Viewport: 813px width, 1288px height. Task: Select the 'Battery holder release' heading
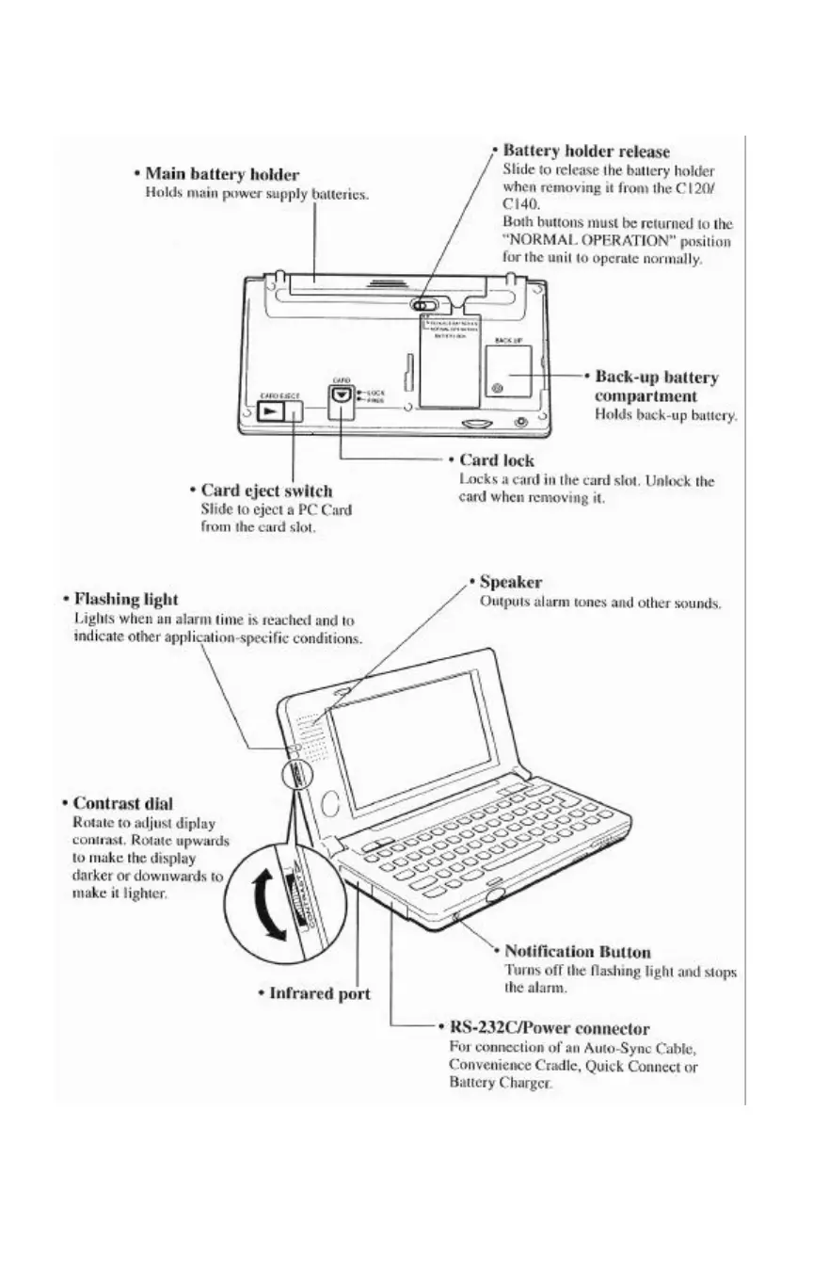pyautogui.click(x=586, y=151)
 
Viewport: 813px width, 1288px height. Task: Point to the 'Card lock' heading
pyautogui.click(x=496, y=460)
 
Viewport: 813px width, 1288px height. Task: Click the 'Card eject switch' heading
pyautogui.click(x=266, y=491)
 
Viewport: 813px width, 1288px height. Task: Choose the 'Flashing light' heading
pyautogui.click(x=125, y=599)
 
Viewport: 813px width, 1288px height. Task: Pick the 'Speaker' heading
pyautogui.click(x=510, y=582)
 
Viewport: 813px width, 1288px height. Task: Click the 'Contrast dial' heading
pyautogui.click(x=122, y=804)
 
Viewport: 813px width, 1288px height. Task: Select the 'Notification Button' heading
pyautogui.click(x=577, y=952)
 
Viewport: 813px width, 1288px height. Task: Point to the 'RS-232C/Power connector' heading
pyautogui.click(x=549, y=1028)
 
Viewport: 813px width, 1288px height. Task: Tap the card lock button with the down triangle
pyautogui.click(x=341, y=397)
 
